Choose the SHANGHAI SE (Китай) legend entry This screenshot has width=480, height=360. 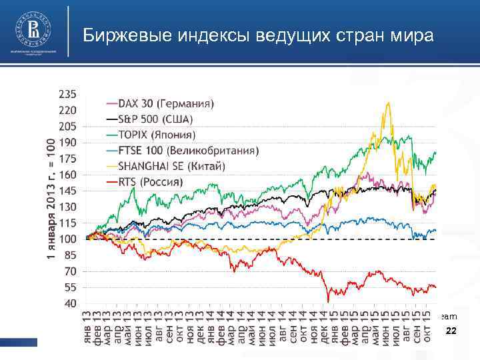(x=172, y=165)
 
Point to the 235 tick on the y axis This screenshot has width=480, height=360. (x=68, y=93)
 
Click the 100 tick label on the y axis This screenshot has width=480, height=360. (x=68, y=239)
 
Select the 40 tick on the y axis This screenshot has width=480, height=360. (x=70, y=303)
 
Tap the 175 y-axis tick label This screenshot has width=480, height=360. (x=68, y=158)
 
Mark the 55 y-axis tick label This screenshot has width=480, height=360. (x=70, y=287)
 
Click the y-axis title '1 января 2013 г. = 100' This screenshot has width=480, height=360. (x=51, y=199)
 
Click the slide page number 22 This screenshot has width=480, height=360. (x=451, y=331)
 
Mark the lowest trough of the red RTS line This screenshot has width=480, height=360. (x=328, y=302)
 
